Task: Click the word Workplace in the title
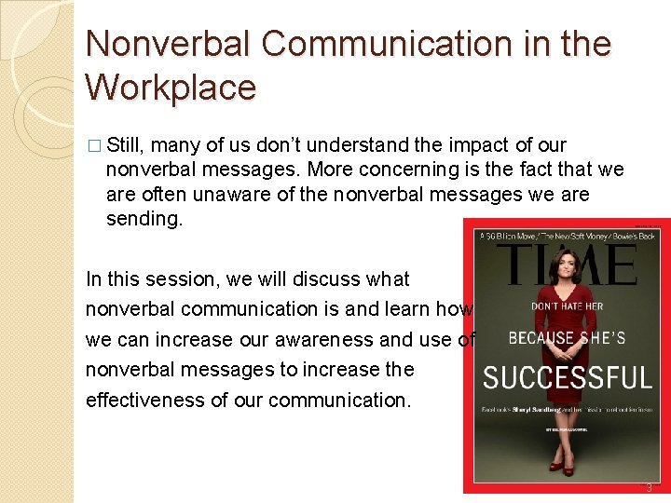[x=170, y=88]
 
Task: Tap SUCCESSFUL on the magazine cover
[x=567, y=378]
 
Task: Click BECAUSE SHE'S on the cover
[x=567, y=337]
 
